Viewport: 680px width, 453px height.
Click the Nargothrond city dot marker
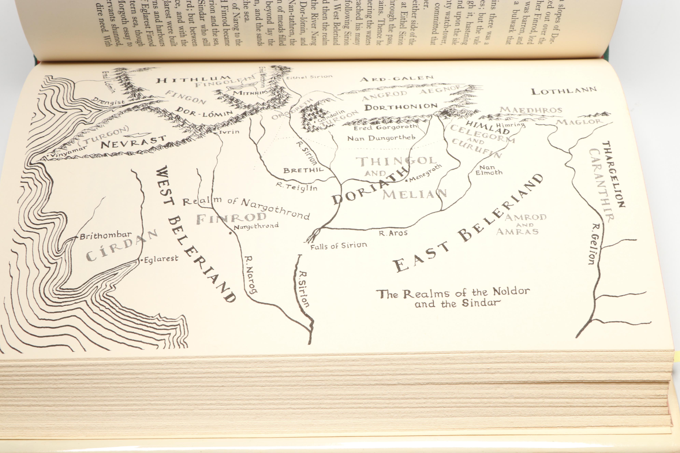230,233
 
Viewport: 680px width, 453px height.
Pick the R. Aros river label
393,233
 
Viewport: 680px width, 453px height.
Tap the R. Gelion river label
595,244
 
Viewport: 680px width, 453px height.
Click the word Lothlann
564,91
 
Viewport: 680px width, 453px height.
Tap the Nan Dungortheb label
381,138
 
